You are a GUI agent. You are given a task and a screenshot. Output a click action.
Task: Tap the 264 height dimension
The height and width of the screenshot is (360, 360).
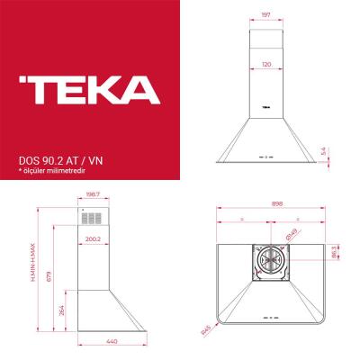tap(60, 310)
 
